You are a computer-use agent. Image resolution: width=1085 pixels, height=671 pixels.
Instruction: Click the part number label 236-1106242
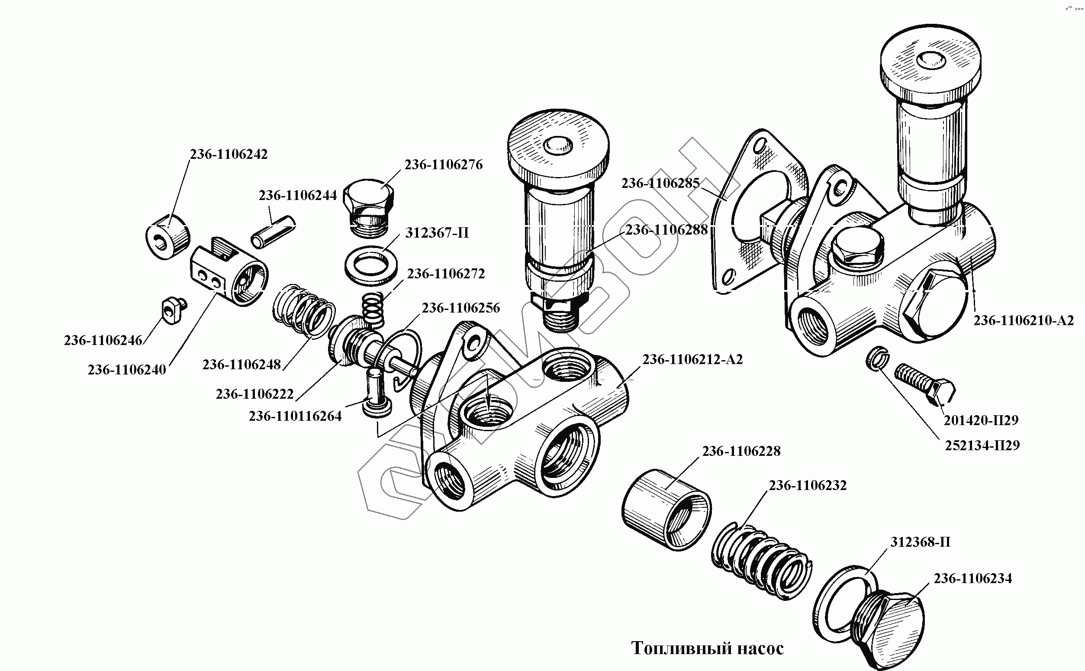coord(229,155)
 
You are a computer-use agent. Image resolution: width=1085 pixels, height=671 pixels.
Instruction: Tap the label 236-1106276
coord(443,165)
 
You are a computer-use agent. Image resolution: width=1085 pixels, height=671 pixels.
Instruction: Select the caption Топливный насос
coord(707,648)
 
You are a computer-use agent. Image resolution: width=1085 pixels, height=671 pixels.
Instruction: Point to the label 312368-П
coord(920,542)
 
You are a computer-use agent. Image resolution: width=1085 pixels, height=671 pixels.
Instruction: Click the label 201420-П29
coord(981,420)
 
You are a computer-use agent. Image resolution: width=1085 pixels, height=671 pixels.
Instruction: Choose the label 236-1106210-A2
coord(1024,320)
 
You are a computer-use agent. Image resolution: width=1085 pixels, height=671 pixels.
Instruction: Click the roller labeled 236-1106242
coord(167,236)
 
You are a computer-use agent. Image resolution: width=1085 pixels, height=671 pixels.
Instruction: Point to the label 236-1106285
coord(660,183)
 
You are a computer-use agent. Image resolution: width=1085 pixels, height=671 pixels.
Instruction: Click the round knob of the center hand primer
coord(558,144)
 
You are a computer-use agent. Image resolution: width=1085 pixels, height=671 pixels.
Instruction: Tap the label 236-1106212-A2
coord(692,359)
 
